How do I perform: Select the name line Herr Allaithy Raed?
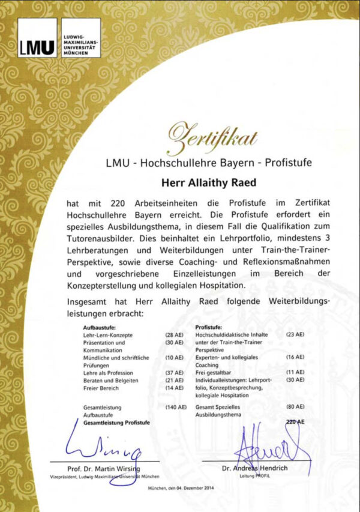pyautogui.click(x=209, y=182)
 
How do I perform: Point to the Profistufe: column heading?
pyautogui.click(x=209, y=327)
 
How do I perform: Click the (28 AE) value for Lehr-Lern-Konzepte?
pyautogui.click(x=175, y=334)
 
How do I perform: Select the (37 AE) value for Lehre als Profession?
pyautogui.click(x=175, y=372)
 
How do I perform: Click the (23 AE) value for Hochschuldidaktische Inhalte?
pyautogui.click(x=295, y=334)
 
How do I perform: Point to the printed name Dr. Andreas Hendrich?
pyautogui.click(x=254, y=468)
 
